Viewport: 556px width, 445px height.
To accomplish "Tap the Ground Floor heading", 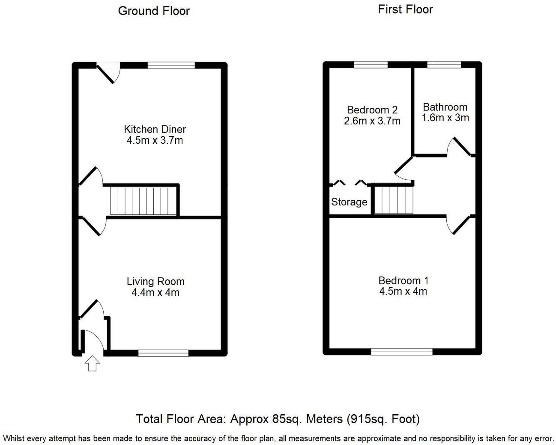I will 154,11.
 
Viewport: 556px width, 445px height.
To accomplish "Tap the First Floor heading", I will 405,9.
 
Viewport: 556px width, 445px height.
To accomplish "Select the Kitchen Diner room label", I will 155,129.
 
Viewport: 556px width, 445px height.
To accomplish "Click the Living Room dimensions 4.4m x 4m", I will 155,293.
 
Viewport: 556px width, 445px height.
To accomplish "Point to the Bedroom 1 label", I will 403,281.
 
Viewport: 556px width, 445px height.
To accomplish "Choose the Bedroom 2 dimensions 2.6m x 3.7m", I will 372,121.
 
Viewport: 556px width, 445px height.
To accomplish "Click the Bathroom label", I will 445,107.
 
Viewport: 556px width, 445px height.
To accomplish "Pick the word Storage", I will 349,202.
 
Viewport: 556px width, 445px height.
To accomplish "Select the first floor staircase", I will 394,199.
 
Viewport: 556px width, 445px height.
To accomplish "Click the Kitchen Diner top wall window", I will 171,65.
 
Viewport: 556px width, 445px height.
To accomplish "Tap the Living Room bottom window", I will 163,353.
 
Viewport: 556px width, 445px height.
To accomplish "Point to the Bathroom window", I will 444,65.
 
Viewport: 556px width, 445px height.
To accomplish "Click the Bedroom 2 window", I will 371,65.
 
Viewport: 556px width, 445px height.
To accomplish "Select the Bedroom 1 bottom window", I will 401,352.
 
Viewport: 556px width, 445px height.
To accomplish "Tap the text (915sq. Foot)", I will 383,418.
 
